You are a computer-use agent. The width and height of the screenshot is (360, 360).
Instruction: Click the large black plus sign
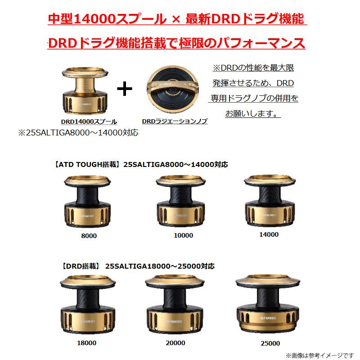[125, 89]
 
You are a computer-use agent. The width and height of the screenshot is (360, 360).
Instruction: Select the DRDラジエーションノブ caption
[175, 121]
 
